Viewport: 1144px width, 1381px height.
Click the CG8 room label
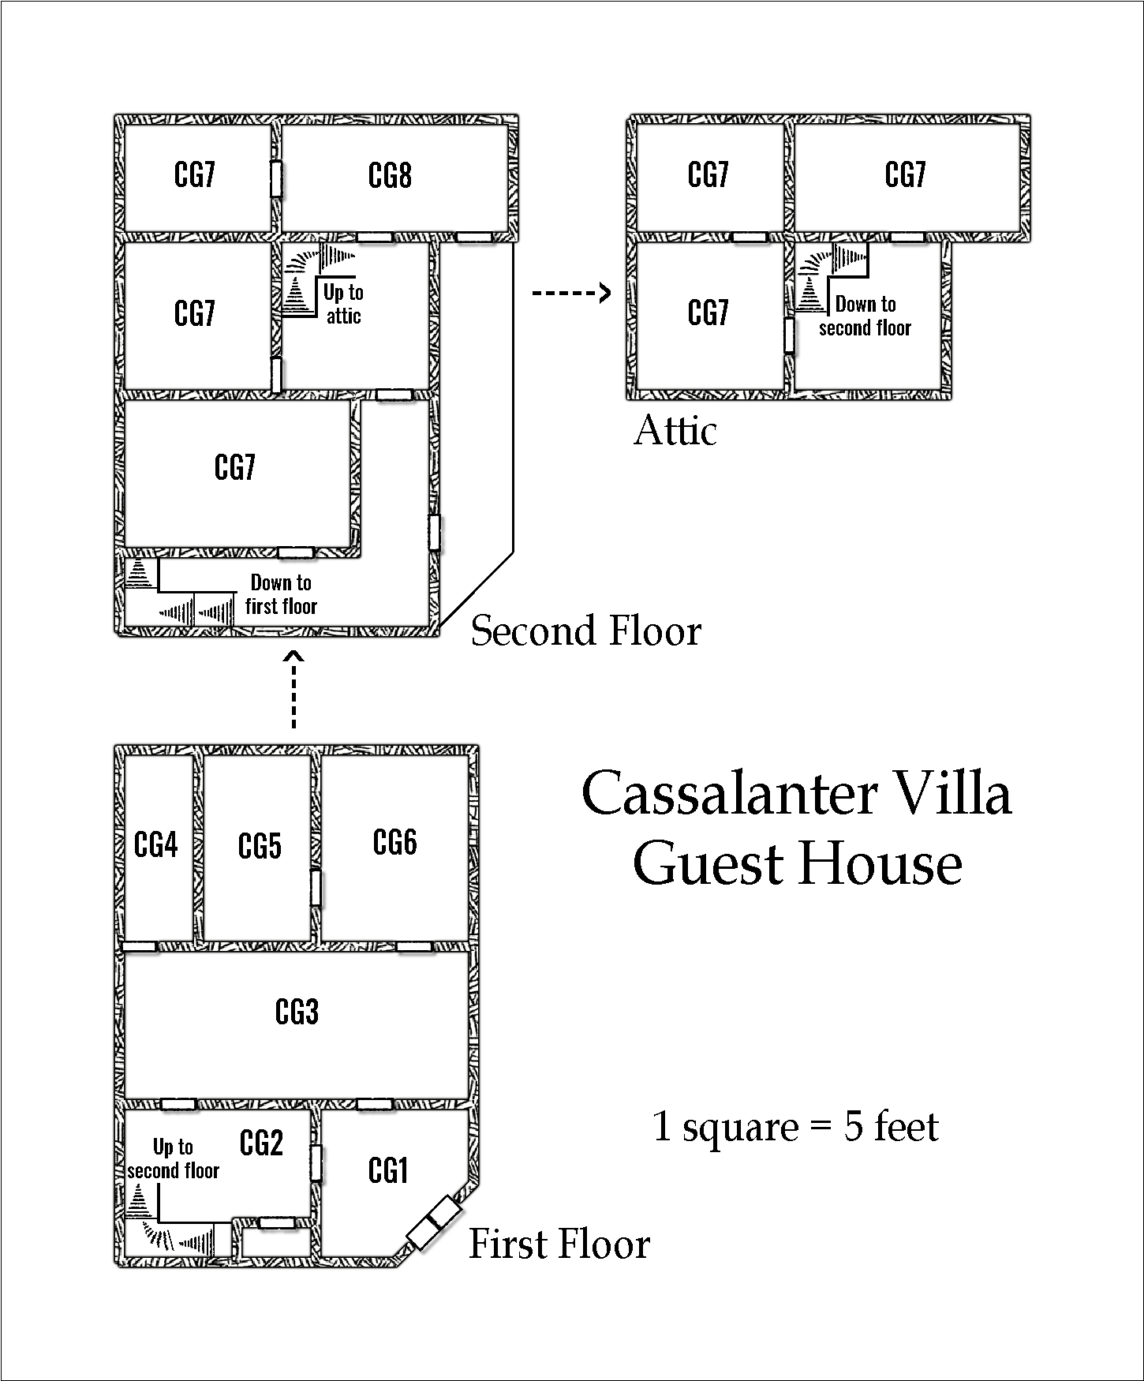[x=390, y=175]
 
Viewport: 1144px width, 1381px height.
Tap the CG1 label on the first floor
[x=388, y=1170]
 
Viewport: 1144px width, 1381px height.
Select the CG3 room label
[x=297, y=1011]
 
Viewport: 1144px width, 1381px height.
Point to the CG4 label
[x=156, y=845]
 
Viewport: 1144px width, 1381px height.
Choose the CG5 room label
[x=260, y=846]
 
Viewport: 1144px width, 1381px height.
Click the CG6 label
[x=394, y=842]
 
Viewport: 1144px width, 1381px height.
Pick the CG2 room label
[x=261, y=1143]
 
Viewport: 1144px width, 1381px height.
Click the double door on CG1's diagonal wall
[x=433, y=1222]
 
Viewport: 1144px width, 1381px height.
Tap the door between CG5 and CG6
[x=316, y=888]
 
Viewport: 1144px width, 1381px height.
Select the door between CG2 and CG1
[x=316, y=1163]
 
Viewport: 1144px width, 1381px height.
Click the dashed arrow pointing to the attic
[x=572, y=294]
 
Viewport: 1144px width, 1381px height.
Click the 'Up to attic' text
[x=343, y=304]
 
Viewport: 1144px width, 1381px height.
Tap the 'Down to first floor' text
[x=281, y=594]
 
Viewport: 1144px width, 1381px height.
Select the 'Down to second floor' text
[x=865, y=316]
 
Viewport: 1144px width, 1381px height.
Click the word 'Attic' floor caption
[x=676, y=431]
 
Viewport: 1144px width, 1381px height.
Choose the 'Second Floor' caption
[x=586, y=631]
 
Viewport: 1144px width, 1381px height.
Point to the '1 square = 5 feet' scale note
[x=796, y=1126]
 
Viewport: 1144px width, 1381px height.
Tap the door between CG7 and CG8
[x=276, y=179]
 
